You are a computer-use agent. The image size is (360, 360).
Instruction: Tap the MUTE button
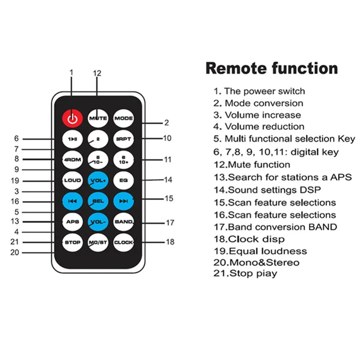[98, 118]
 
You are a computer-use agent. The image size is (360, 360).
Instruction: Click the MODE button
[123, 118]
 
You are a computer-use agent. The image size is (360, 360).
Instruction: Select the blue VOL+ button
[98, 180]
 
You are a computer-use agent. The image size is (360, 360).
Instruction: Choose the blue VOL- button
[98, 222]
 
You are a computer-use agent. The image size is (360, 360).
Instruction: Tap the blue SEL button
[98, 201]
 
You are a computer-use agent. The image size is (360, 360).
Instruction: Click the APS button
[73, 222]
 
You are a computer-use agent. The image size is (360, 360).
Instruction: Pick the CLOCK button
[123, 242]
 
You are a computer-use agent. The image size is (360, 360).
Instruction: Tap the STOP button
[73, 242]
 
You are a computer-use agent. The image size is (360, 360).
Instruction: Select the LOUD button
[73, 180]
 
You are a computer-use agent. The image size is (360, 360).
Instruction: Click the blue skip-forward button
[123, 201]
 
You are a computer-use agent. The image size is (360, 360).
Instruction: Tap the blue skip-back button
[73, 201]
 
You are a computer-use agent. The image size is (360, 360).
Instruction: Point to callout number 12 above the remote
[97, 73]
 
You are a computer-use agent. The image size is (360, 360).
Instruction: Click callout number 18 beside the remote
[170, 242]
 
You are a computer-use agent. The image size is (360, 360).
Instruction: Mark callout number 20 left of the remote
[15, 252]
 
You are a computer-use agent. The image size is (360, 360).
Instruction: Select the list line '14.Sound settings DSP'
[267, 190]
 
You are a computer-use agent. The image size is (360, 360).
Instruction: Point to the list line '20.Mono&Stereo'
[256, 262]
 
